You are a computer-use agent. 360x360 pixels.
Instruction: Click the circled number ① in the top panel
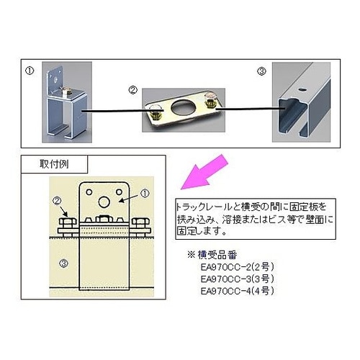[30, 71]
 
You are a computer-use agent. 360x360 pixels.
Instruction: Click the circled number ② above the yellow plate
[132, 90]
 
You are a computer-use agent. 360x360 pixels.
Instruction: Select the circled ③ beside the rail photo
[262, 71]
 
